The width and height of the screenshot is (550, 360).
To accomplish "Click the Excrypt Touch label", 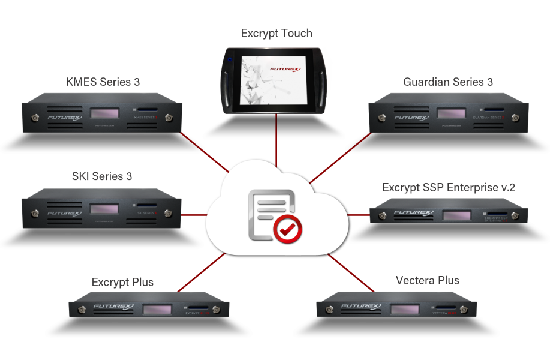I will point(276,34).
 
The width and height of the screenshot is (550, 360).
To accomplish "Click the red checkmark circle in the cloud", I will point(288,228).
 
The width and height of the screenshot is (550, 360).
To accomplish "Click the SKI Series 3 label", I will point(101,177).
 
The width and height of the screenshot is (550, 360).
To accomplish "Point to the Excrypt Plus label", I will point(123,282).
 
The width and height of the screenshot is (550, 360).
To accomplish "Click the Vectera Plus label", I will point(428,280).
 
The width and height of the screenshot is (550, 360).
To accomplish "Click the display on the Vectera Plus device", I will point(404,309).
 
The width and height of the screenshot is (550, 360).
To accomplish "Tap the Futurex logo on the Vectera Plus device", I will point(360,307).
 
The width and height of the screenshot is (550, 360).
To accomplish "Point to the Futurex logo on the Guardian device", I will point(410,118).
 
